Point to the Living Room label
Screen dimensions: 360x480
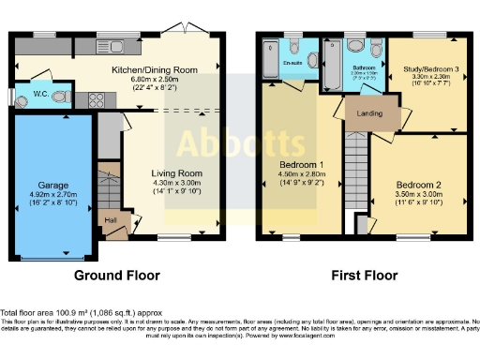pyautogui.click(x=177, y=172)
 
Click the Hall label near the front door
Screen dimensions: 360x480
pyautogui.click(x=110, y=221)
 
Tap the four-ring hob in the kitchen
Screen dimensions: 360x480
pyautogui.click(x=96, y=97)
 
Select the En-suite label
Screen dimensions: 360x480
pyautogui.click(x=293, y=64)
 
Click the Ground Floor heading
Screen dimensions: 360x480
pyautogui.click(x=117, y=276)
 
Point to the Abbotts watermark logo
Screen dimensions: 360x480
pyautogui.click(x=239, y=143)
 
